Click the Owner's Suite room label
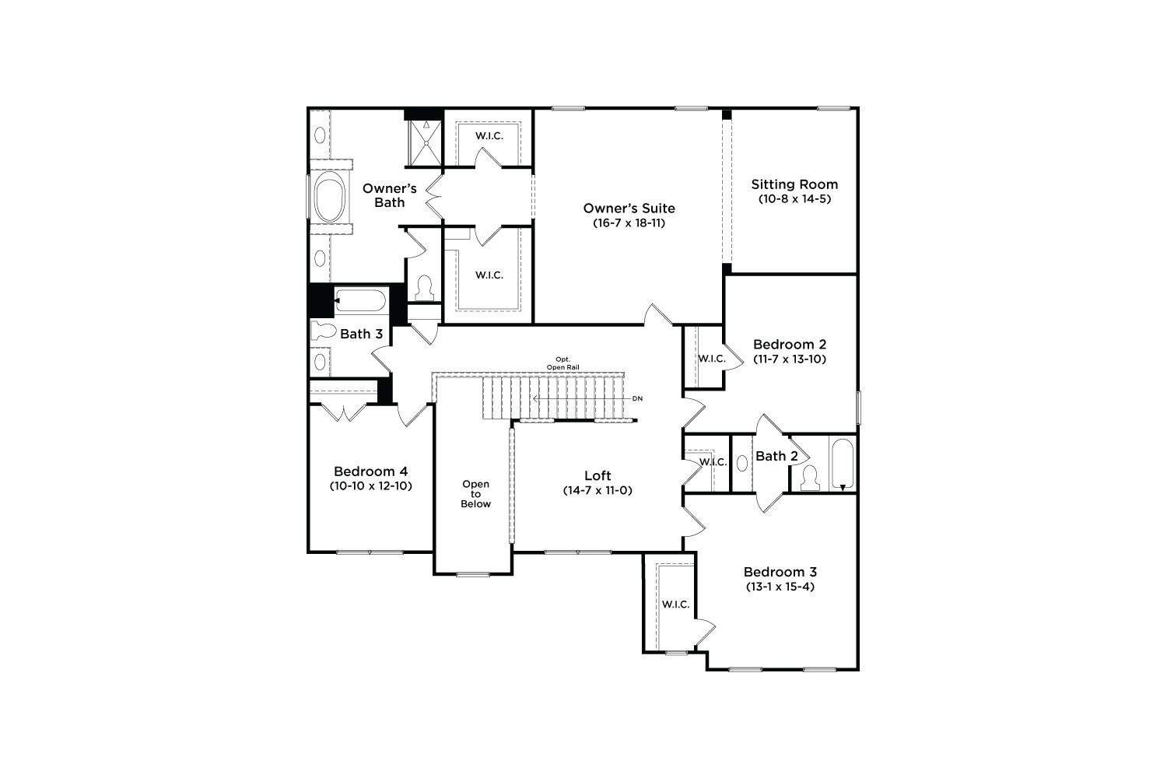tap(629, 209)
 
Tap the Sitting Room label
tap(794, 184)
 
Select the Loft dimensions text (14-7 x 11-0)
tap(598, 490)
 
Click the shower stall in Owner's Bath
tap(425, 143)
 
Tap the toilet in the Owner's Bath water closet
tap(425, 288)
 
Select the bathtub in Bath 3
tap(360, 300)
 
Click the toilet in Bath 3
tap(324, 331)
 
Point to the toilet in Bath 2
tap(809, 478)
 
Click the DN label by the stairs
tap(638, 398)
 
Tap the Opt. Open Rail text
tap(562, 363)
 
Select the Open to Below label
tap(475, 494)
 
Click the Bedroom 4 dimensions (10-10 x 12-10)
tap(370, 486)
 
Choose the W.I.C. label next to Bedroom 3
tap(676, 605)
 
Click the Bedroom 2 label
tap(790, 345)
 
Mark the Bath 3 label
tap(361, 334)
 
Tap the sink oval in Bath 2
tap(742, 463)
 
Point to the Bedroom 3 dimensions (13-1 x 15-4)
tap(780, 587)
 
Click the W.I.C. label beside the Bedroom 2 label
tap(712, 359)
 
